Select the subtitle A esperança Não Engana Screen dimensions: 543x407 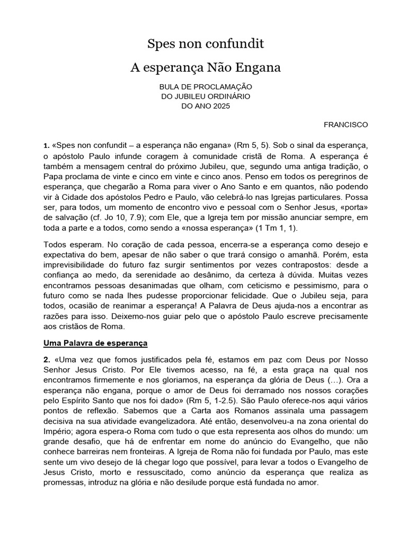coord(205,68)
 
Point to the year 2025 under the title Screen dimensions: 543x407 coord(222,106)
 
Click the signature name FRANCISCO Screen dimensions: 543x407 coord(346,125)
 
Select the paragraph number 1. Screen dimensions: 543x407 coord(46,145)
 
